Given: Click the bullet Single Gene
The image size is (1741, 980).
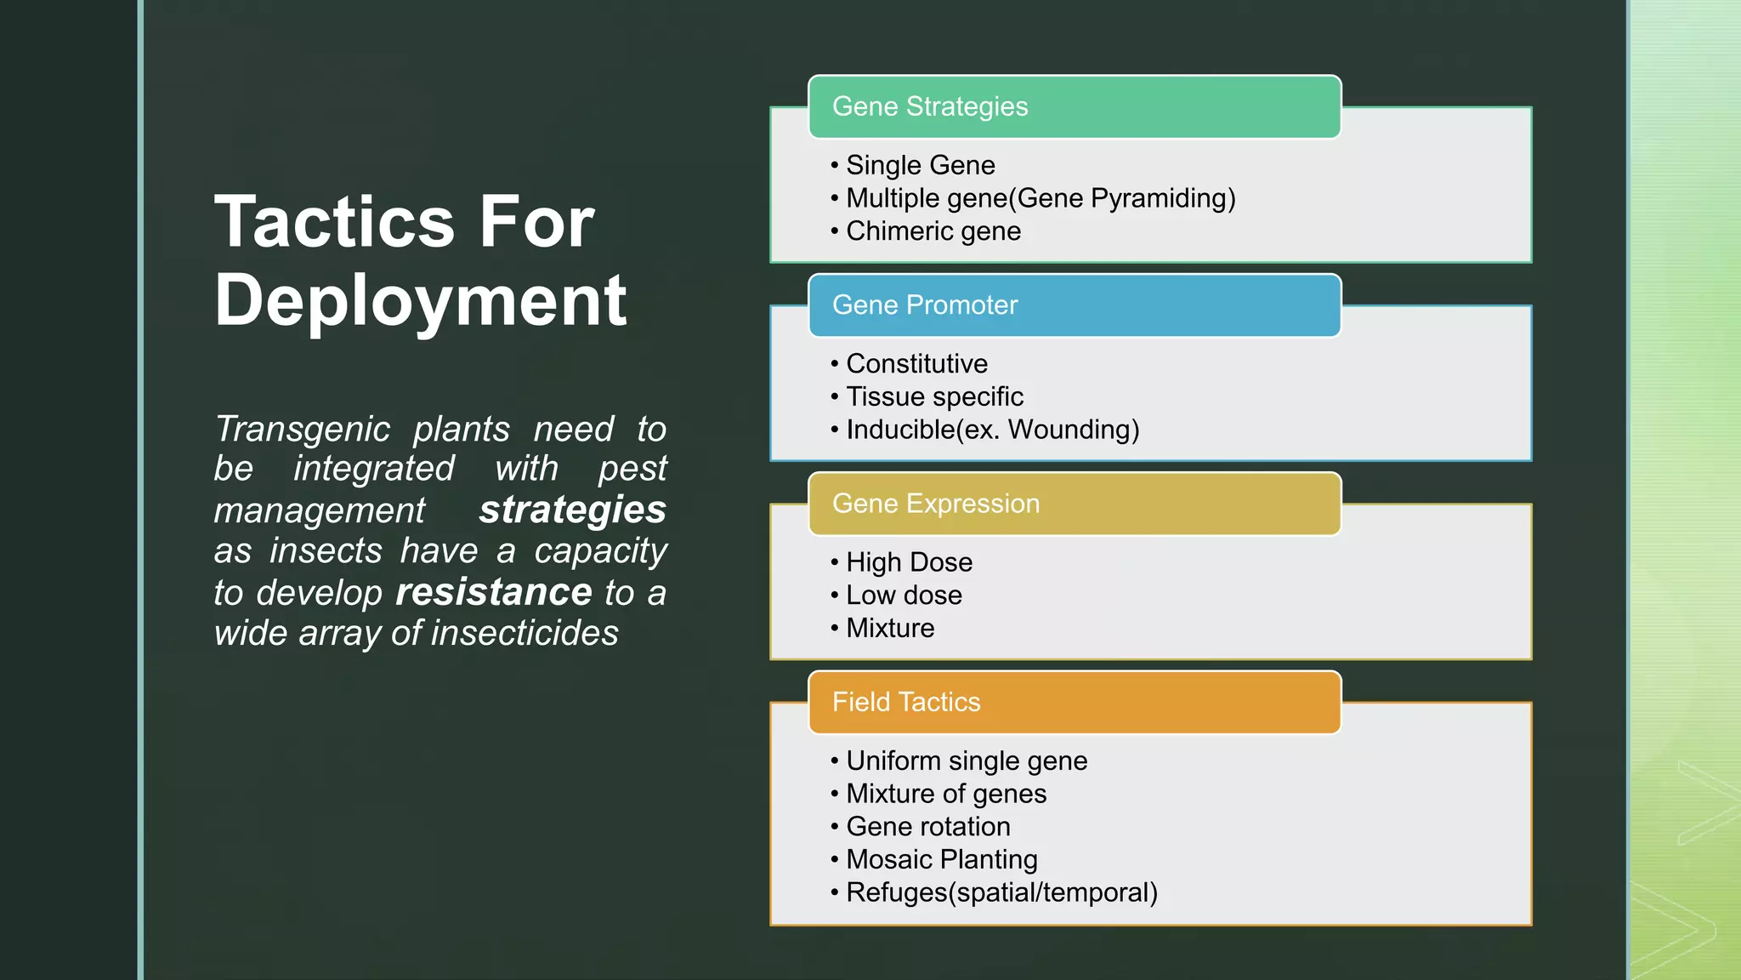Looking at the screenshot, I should coord(920,165).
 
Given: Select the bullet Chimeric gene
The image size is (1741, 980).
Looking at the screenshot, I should coord(933,231).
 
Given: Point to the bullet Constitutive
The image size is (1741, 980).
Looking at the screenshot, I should coord(916,364).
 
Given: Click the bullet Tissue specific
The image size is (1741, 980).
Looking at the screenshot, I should coord(934,396).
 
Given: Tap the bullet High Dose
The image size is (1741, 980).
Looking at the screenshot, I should coord(909,562).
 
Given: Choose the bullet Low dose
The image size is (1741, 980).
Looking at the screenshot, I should coord(904,595).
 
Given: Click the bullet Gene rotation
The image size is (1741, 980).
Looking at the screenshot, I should coord(927,827).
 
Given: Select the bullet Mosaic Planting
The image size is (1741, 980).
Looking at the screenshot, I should coord(941,860).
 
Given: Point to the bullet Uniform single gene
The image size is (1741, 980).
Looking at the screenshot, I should coord(967,761).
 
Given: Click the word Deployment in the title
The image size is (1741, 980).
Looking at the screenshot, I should coord(420,302).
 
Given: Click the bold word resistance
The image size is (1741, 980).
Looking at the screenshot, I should coord(494,592).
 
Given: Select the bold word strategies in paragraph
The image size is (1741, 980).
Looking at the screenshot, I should coord(572,510).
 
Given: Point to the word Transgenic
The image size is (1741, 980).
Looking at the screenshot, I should coord(302,430).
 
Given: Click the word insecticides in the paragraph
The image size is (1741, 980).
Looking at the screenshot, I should coord(525,634).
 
